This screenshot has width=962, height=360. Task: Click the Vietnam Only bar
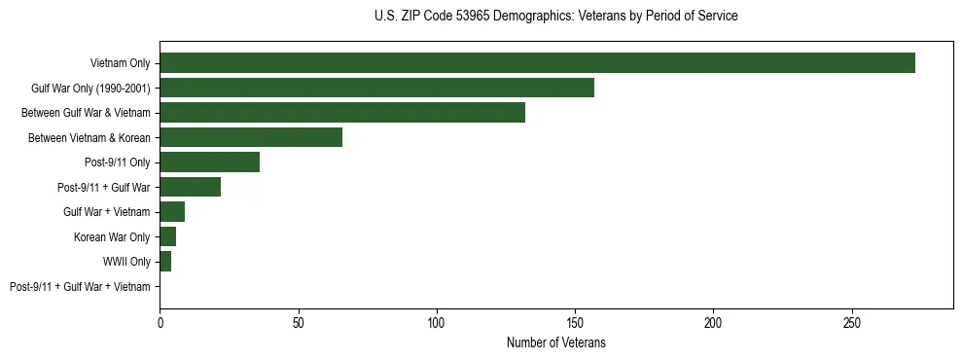coord(537,63)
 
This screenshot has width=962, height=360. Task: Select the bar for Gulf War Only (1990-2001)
coord(376,88)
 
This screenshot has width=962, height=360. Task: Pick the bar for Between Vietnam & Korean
coord(251,137)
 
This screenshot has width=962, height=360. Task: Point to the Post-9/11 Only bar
coord(209,162)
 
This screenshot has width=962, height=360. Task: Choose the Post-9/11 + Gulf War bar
coord(190,187)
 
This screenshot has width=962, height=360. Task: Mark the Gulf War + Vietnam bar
coord(172,212)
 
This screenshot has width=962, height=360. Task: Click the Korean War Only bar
coord(167,236)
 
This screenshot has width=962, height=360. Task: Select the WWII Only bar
coord(165,262)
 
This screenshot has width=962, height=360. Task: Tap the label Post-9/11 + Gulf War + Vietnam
coord(80,287)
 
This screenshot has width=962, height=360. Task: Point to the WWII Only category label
coord(126,262)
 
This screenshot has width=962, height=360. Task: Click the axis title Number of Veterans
coord(555,342)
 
